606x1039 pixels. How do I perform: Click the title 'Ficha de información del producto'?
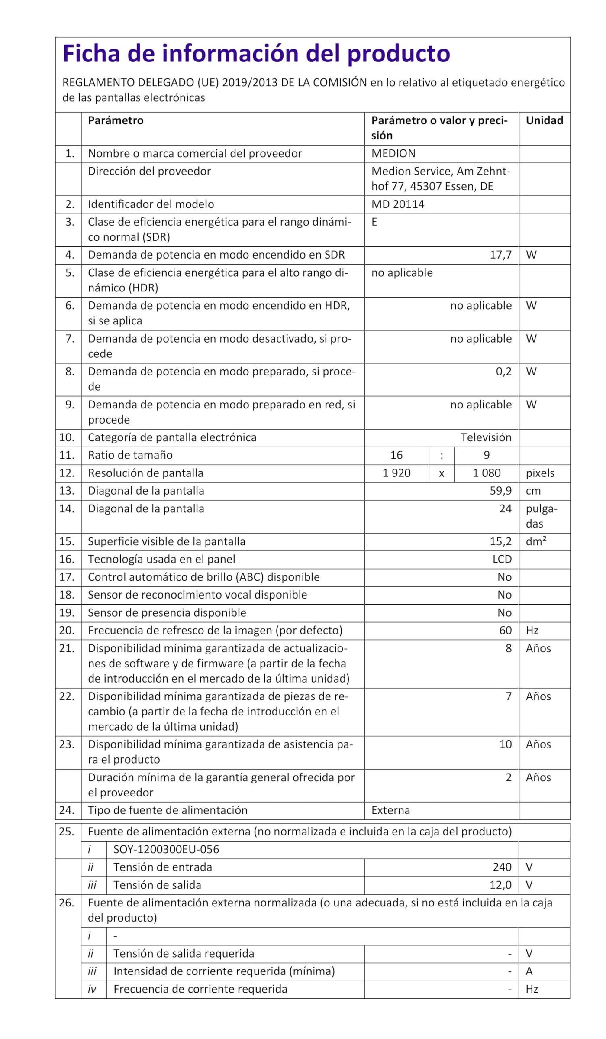256,54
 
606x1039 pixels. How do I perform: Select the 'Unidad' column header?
544,120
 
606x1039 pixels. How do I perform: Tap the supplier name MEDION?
393,153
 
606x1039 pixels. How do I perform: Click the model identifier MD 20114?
397,204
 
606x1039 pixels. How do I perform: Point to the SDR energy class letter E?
374,222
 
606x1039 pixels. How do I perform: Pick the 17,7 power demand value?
500,255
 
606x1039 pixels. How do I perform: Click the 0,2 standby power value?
503,372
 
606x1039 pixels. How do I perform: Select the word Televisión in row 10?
486,437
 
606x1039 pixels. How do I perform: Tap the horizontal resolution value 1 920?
396,473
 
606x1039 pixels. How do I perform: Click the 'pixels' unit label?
540,473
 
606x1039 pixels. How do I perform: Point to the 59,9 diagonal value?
500,491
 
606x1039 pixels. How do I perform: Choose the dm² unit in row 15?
536,541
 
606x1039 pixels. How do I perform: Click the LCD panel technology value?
502,559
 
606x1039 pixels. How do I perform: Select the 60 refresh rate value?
505,630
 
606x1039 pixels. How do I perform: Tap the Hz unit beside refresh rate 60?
532,630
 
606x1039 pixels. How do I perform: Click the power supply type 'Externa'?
390,810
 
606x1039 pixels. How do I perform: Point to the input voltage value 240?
502,867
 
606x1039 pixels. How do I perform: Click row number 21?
67,648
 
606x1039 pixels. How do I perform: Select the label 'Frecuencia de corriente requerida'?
200,989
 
